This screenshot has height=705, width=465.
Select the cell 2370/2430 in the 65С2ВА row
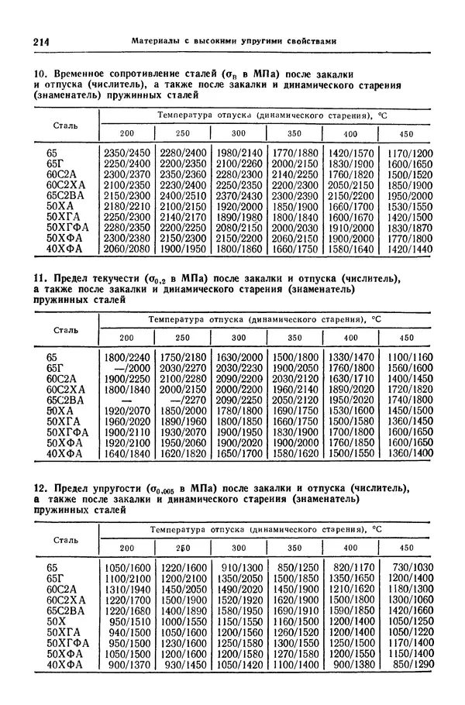click(x=239, y=196)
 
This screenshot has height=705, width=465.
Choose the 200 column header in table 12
click(x=126, y=548)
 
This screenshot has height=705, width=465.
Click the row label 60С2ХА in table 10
click(x=65, y=185)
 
